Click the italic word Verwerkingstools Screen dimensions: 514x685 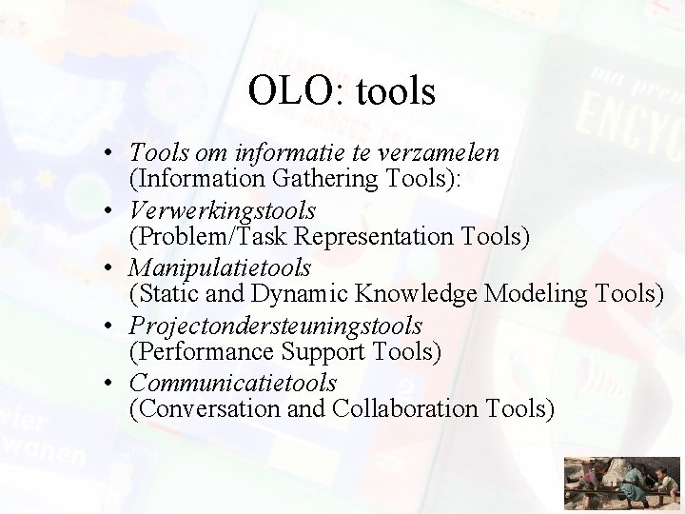coord(223,209)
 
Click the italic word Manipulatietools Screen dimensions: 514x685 coord(221,267)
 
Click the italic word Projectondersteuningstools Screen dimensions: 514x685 coord(276,326)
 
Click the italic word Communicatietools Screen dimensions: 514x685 coord(233,384)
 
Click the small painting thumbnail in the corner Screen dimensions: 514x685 coord(620,484)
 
